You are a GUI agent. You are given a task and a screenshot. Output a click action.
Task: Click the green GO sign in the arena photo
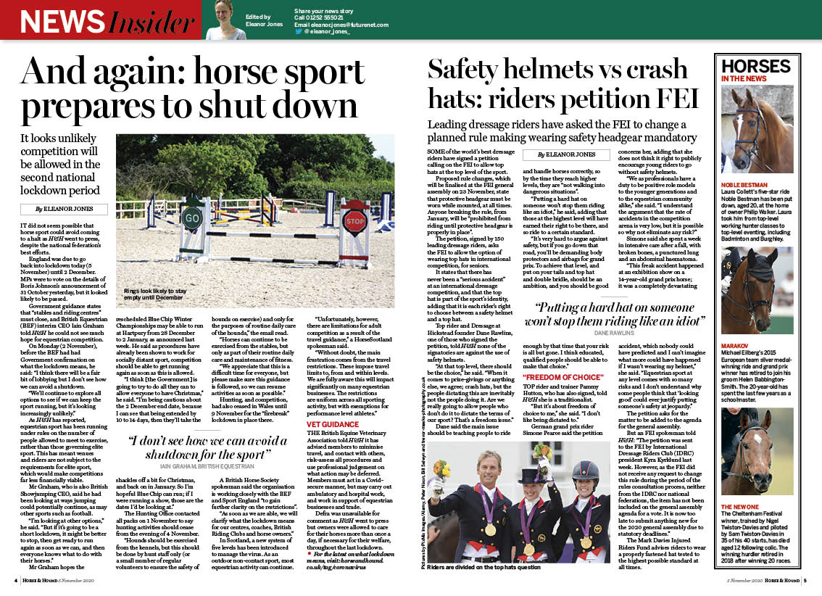(191, 218)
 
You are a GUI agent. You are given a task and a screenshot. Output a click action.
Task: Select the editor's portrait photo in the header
(225, 20)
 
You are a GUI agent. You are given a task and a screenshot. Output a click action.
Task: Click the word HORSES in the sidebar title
(755, 67)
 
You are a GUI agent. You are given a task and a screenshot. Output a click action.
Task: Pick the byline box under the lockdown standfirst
(64, 209)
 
